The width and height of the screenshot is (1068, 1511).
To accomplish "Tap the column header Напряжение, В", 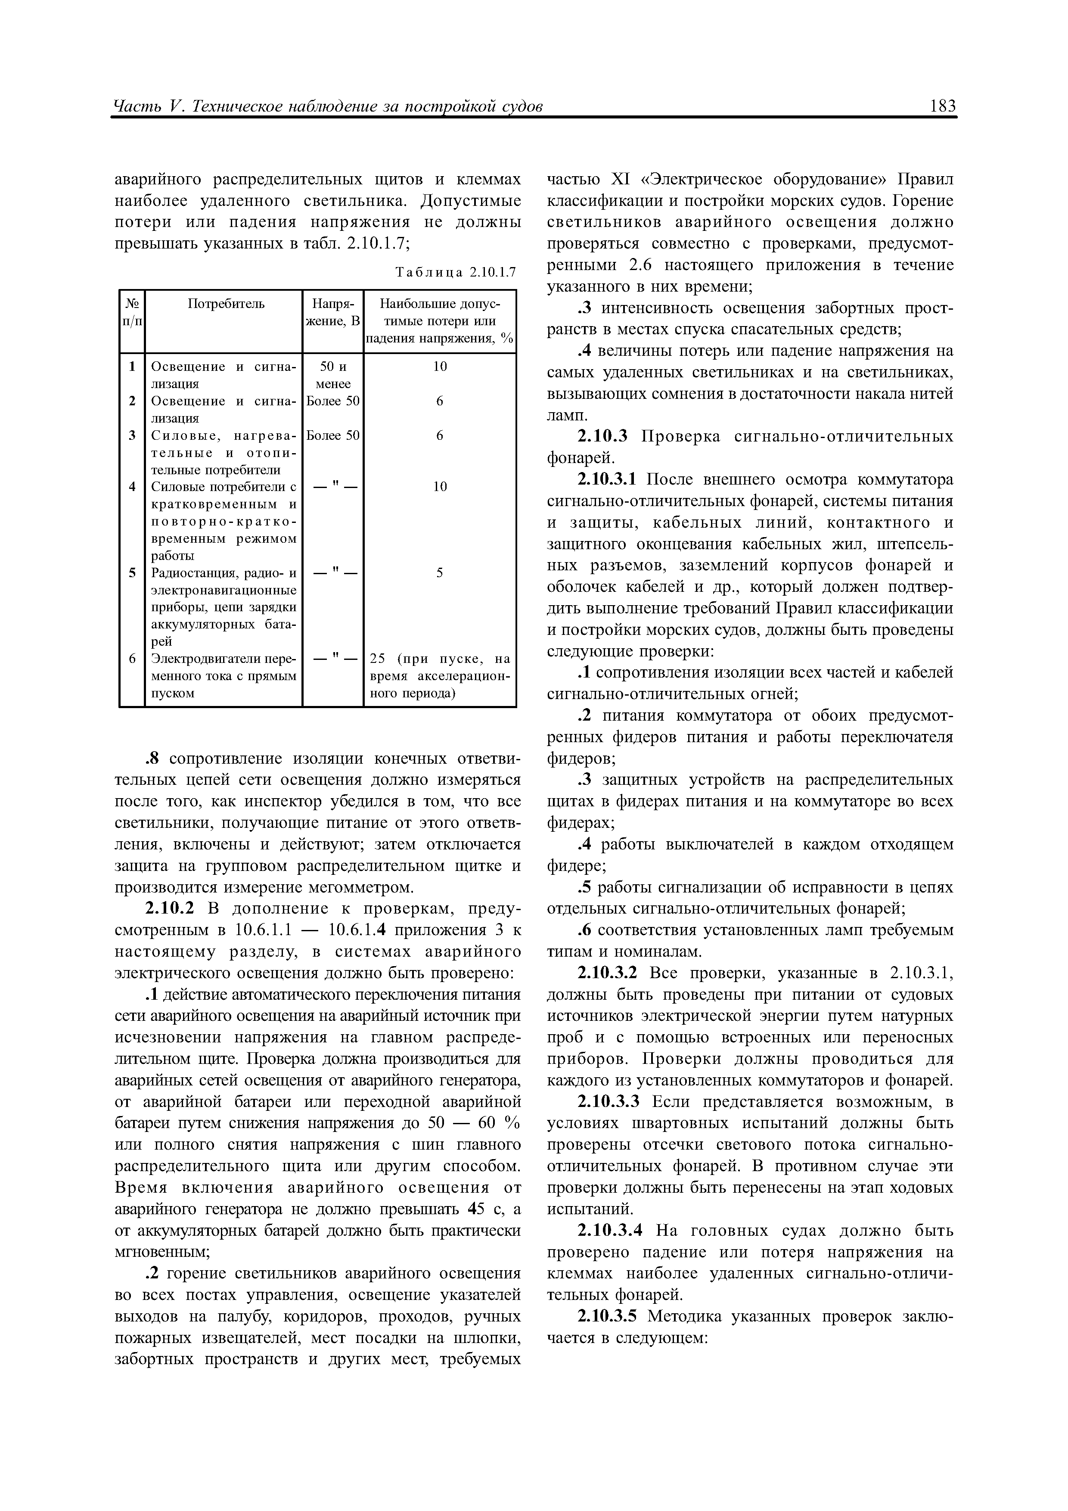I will coord(333,313).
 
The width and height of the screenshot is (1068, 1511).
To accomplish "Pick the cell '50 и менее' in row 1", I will coord(333,375).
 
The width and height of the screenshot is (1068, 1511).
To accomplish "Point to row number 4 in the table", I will coord(132,487).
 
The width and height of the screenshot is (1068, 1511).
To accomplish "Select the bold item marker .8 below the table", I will coord(153,759).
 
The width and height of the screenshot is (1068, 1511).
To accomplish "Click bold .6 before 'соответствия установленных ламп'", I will coord(585,930).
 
